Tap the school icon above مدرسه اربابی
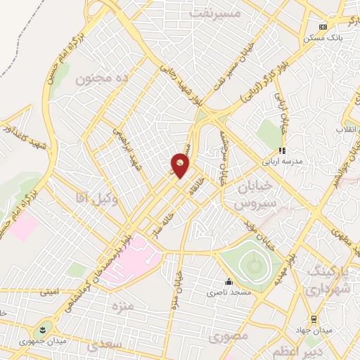tap(281, 150)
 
